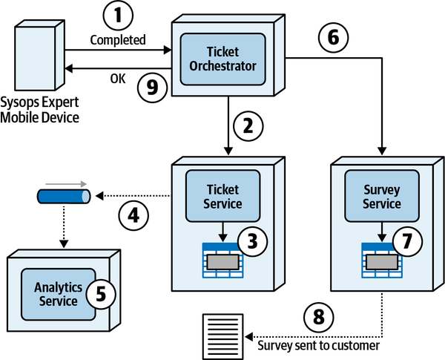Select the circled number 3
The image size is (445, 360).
[x=251, y=242]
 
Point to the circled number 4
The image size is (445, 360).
[x=133, y=216]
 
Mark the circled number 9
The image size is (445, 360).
[x=152, y=87]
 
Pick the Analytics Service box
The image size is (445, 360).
[x=56, y=293]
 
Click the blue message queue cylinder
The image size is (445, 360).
[x=64, y=197]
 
